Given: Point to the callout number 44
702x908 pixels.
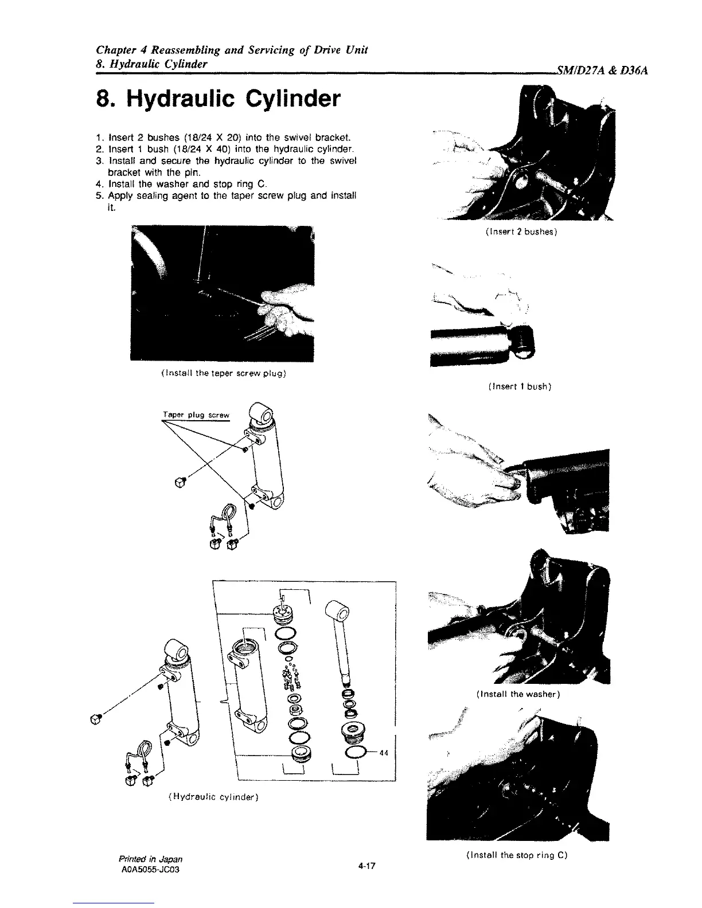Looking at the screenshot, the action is pyautogui.click(x=384, y=753).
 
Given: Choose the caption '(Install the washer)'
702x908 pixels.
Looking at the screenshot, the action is pyautogui.click(x=518, y=694).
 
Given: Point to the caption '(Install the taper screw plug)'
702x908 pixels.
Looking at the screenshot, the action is pyautogui.click(x=221, y=374).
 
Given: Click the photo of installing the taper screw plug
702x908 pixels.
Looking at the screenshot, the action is pyautogui.click(x=222, y=293).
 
